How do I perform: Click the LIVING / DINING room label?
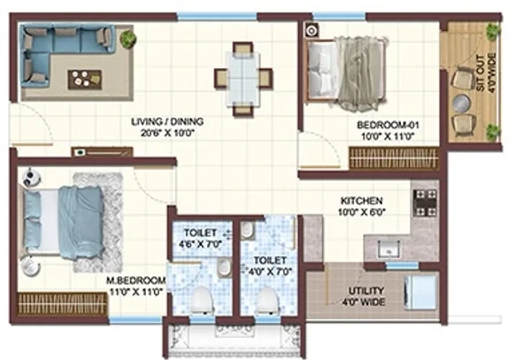[167, 121]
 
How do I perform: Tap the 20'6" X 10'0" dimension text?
[167, 133]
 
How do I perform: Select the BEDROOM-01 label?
[389, 126]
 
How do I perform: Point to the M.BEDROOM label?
[136, 280]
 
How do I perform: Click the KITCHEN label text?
[361, 201]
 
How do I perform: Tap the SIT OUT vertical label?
[481, 73]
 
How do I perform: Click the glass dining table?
[243, 80]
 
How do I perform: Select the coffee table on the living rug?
[85, 80]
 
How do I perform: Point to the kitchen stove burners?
[426, 203]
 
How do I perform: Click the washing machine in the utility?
[419, 293]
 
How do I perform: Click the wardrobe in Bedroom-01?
[394, 158]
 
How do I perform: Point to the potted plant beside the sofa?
[127, 38]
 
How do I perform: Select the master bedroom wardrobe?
[63, 304]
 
